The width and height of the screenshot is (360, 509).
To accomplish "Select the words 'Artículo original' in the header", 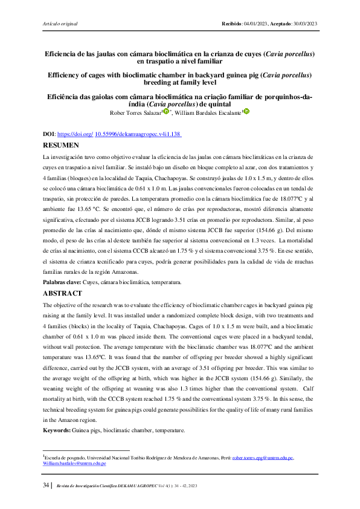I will [x=61, y=24].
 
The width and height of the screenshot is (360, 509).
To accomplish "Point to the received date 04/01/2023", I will [x=256, y=24].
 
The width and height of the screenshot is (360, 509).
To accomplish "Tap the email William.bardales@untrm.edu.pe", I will [x=74, y=463].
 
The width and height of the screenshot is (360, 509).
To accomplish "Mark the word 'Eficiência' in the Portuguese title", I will [x=66, y=97].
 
